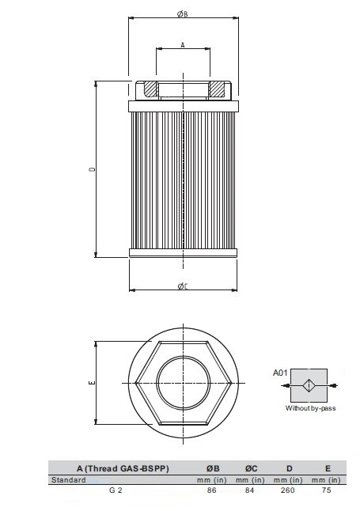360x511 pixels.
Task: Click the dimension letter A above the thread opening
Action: (183, 45)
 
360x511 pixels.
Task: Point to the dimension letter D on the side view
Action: (92, 169)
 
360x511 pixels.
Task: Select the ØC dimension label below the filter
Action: (184, 286)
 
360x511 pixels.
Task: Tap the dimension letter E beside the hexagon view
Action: (92, 383)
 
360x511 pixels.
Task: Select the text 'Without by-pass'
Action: (311, 409)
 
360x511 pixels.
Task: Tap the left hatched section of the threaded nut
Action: (149, 89)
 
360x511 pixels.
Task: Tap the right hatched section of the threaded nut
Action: (217, 89)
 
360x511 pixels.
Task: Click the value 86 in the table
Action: (211, 490)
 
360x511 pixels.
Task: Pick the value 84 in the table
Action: (249, 490)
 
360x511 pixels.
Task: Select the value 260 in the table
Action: (286, 490)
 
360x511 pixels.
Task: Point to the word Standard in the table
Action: (68, 479)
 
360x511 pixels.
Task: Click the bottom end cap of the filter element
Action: (183, 254)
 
